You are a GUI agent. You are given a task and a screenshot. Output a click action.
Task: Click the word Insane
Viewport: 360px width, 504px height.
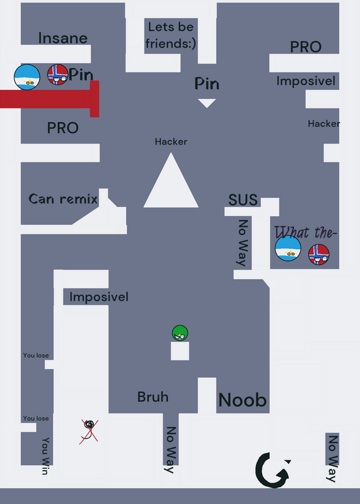pyautogui.click(x=63, y=38)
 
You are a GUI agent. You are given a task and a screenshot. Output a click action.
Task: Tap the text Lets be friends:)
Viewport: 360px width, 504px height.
pyautogui.click(x=170, y=35)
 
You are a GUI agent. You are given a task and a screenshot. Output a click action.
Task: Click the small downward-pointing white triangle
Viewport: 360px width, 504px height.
pyautogui.click(x=207, y=103)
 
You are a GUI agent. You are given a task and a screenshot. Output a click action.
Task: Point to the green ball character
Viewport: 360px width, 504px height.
pyautogui.click(x=180, y=333)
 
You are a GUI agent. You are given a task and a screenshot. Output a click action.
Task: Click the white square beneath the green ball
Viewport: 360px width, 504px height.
pyautogui.click(x=180, y=351)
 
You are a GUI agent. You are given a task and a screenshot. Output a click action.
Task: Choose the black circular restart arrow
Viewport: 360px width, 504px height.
pyautogui.click(x=273, y=470)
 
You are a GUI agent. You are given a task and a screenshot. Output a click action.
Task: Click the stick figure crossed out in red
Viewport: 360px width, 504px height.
pyautogui.click(x=89, y=432)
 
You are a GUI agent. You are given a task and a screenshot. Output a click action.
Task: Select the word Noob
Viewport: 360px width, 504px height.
pyautogui.click(x=243, y=400)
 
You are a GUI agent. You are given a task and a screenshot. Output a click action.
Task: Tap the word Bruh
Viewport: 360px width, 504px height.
pyautogui.click(x=153, y=397)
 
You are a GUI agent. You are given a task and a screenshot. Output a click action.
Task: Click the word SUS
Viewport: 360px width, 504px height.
pyautogui.click(x=243, y=200)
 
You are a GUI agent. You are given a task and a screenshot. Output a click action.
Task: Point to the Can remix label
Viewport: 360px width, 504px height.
pyautogui.click(x=63, y=199)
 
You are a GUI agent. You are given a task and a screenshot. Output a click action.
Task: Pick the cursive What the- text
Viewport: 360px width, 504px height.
pyautogui.click(x=305, y=232)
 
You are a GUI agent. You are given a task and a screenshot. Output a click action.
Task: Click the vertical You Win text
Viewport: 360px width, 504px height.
pyautogui.click(x=45, y=455)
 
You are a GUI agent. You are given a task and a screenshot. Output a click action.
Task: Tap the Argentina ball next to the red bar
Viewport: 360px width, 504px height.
pyautogui.click(x=27, y=77)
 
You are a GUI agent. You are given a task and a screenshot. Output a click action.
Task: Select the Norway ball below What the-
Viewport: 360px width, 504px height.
pyautogui.click(x=319, y=255)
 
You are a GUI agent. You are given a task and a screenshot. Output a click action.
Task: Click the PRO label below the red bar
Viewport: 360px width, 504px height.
pyautogui.click(x=63, y=128)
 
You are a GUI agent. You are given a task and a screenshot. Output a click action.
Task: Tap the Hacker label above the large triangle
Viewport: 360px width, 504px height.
pyautogui.click(x=171, y=142)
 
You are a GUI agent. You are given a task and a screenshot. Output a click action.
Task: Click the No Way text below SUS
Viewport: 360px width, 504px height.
pyautogui.click(x=243, y=243)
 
